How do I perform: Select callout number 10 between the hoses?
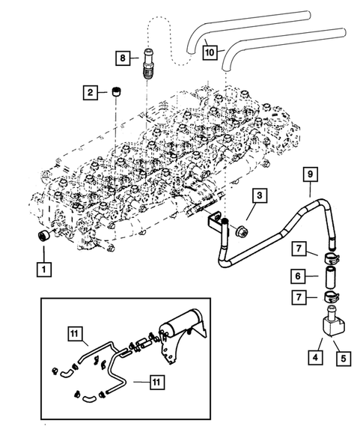pyautogui.click(x=210, y=52)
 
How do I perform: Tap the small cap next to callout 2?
pyautogui.click(x=115, y=92)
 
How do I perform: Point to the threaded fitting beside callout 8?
pyautogui.click(x=148, y=64)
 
